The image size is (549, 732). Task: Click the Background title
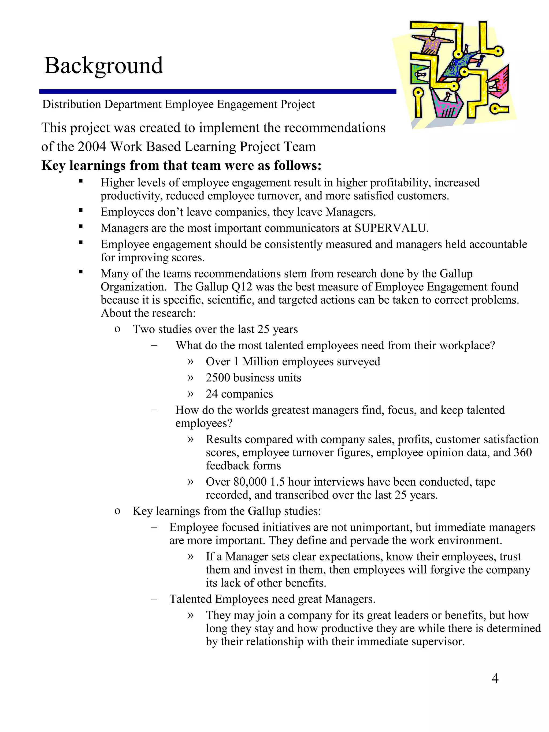(x=103, y=65)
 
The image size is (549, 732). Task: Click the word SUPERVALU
(x=391, y=228)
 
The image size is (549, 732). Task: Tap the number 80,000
(x=250, y=482)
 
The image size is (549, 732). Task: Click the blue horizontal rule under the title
(x=217, y=92)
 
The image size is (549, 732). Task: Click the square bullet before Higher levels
(x=80, y=181)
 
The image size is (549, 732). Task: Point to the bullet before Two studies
(x=117, y=329)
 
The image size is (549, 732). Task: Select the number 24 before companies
(x=212, y=394)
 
